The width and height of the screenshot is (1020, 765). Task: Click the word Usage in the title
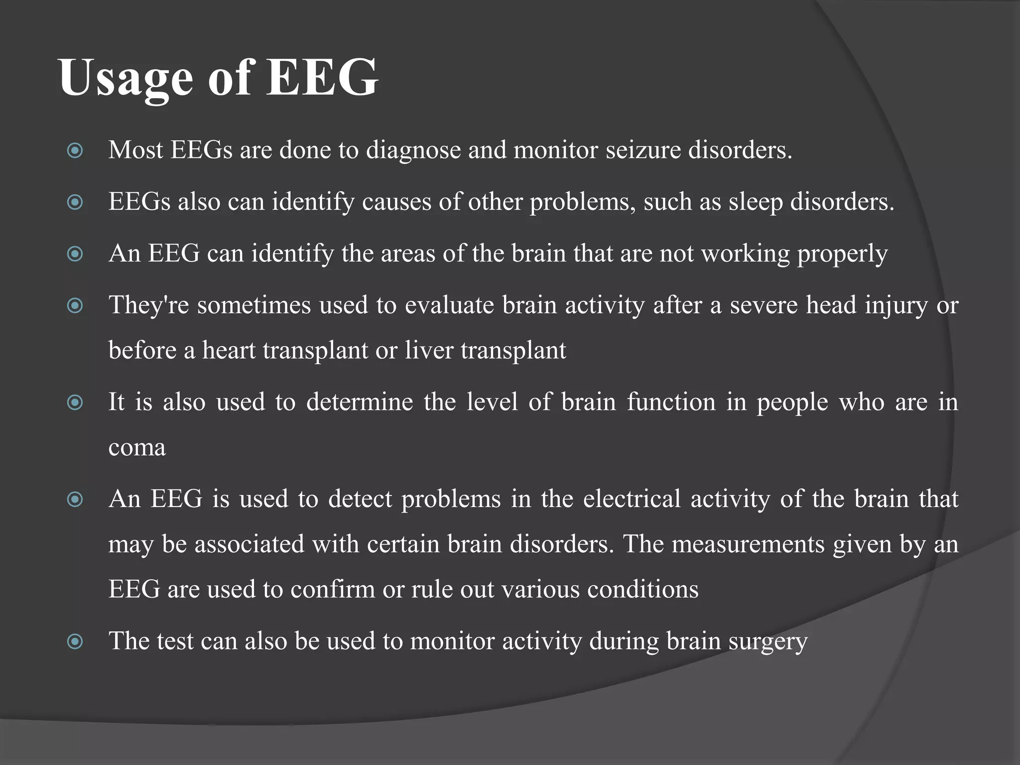[126, 79]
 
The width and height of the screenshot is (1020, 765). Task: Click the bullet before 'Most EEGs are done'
[75, 150]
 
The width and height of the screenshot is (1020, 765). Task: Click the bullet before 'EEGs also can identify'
[75, 202]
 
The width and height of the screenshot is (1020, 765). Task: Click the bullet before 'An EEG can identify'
[75, 254]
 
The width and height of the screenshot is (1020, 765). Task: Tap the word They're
[148, 305]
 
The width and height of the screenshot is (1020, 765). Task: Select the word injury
[896, 305]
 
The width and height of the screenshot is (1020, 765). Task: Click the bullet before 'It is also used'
[75, 402]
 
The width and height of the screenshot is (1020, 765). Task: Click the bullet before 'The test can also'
[75, 641]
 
